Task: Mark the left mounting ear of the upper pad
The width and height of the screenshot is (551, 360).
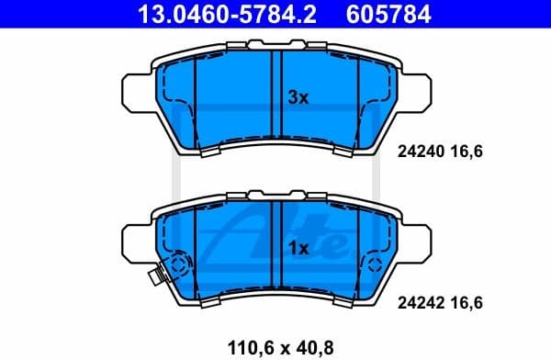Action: tap(135, 94)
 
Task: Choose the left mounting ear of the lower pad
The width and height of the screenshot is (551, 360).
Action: tap(135, 242)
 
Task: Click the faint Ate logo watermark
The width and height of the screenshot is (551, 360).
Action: tap(275, 230)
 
